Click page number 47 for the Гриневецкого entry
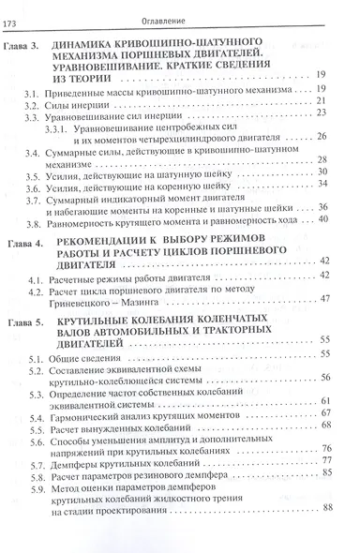tap(325, 298)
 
